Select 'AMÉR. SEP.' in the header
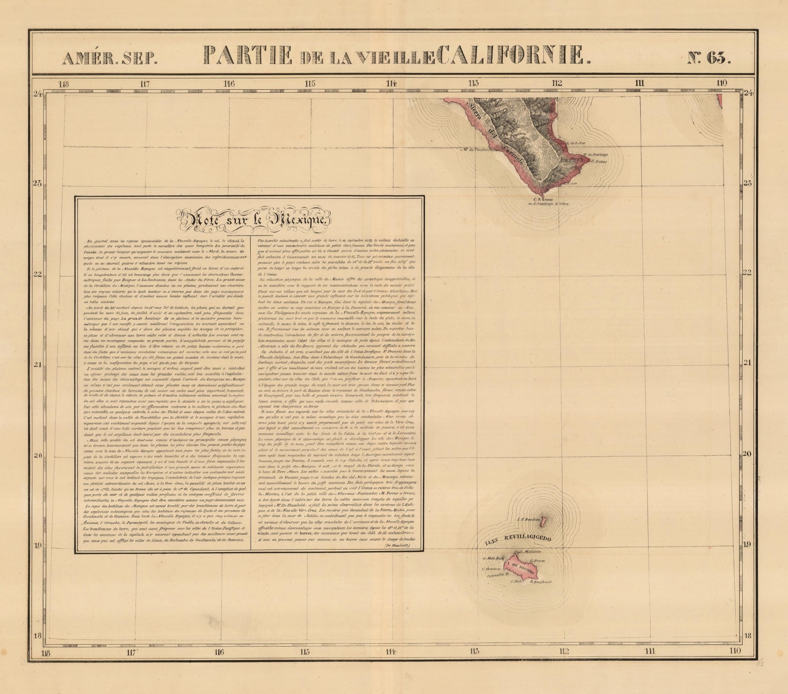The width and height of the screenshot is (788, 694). click(110, 59)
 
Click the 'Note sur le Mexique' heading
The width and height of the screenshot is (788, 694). click(252, 219)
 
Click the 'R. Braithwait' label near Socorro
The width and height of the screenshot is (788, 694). click(540, 582)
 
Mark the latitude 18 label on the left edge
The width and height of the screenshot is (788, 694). click(37, 635)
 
